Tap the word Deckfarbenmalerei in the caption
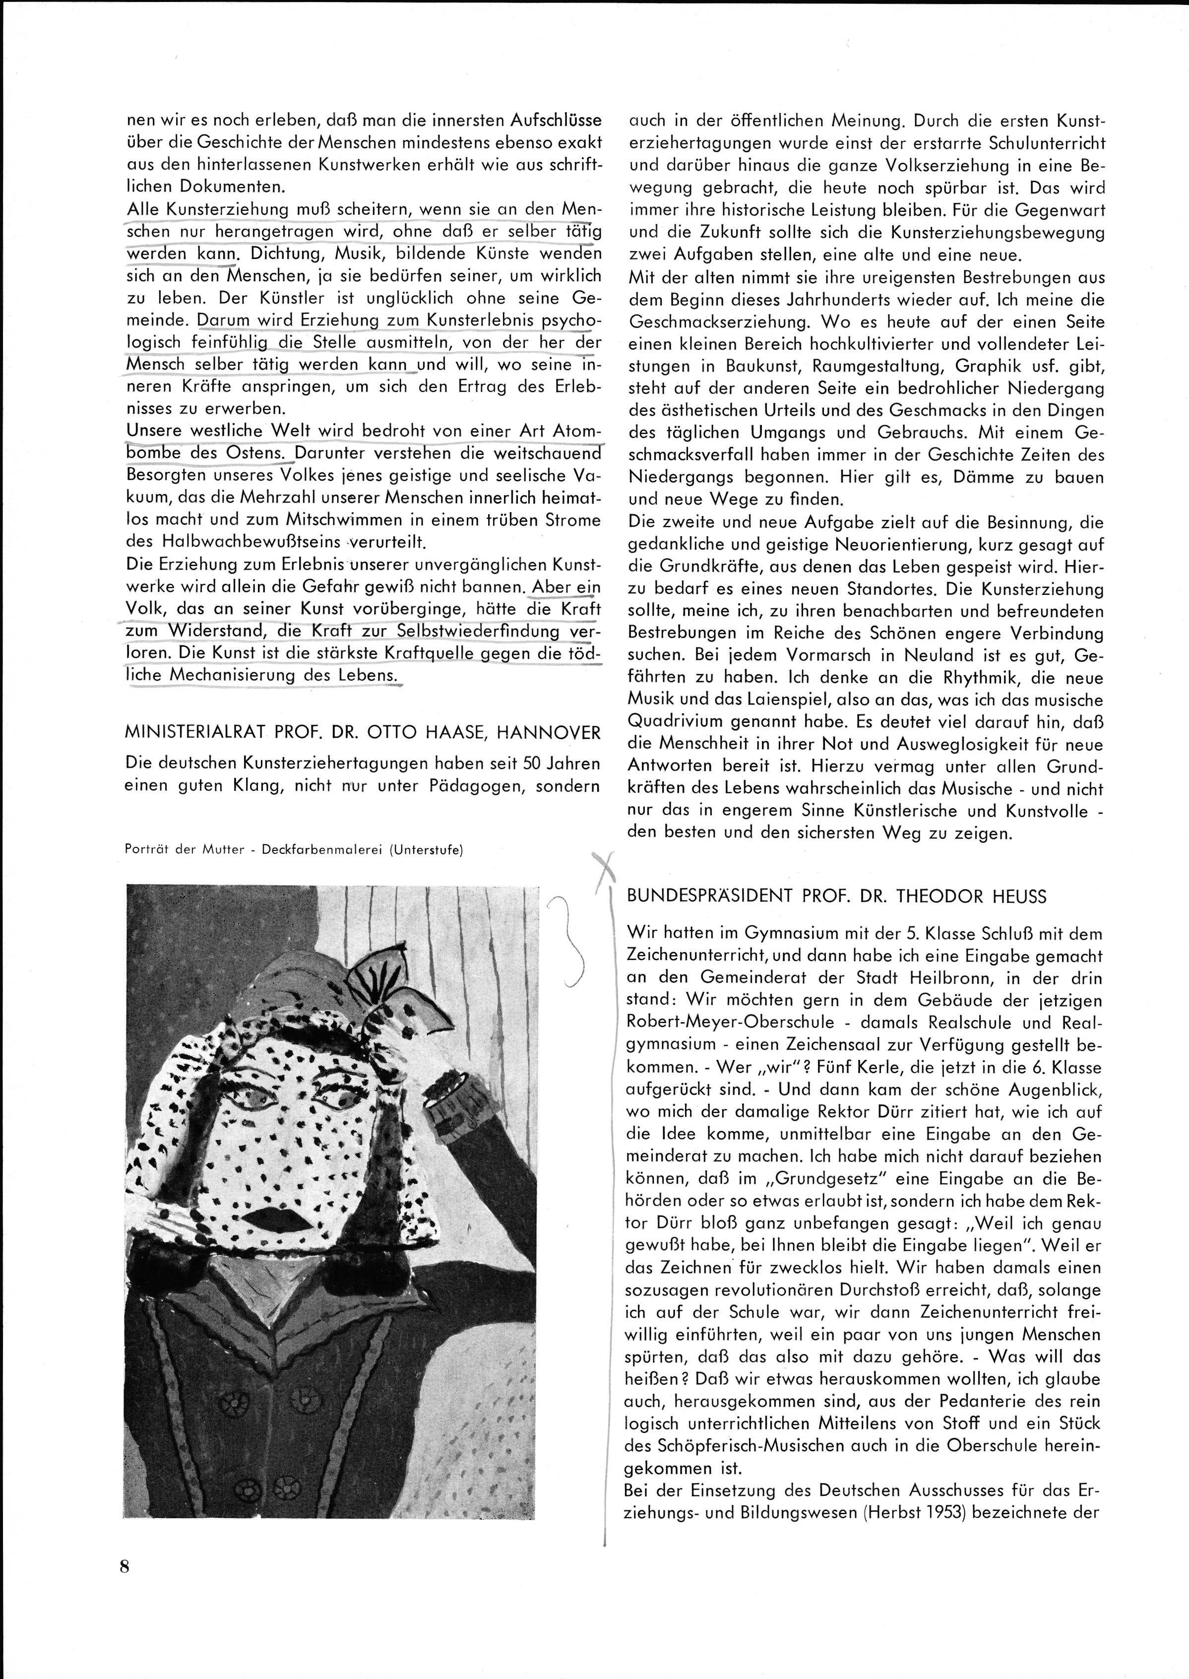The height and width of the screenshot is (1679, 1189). click(x=318, y=850)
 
